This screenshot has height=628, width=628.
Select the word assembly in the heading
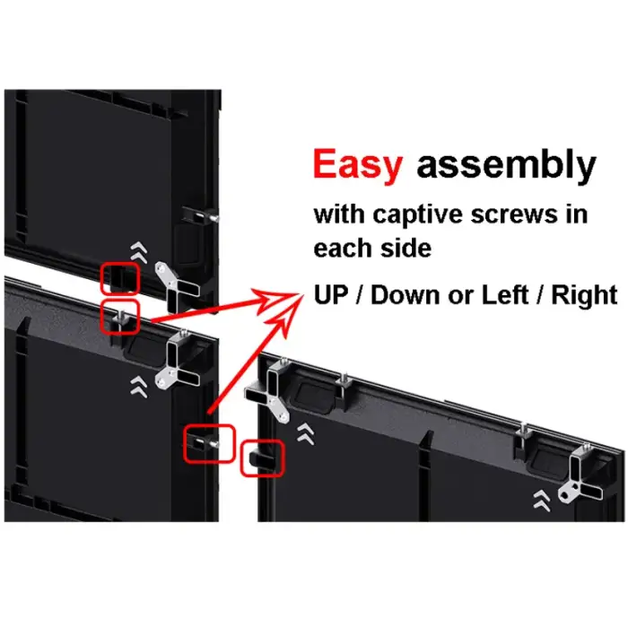tap(506, 167)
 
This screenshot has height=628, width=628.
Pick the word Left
tap(501, 294)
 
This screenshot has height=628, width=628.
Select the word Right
tap(586, 294)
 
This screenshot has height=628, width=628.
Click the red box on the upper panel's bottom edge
tap(119, 278)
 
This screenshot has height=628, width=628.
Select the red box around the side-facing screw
tap(208, 443)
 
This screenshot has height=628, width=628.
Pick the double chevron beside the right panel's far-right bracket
tap(541, 499)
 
